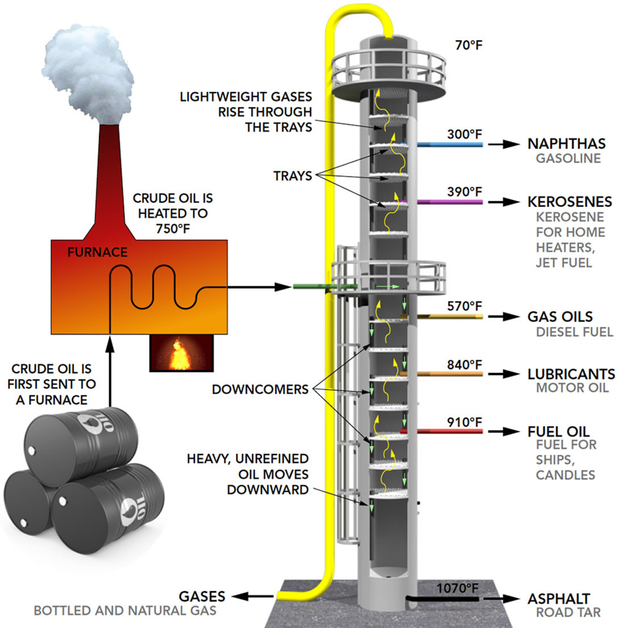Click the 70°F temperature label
[x=468, y=45]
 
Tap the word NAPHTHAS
[x=566, y=144]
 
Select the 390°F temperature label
[x=464, y=192]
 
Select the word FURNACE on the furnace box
[x=98, y=252]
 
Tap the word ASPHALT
[x=559, y=599]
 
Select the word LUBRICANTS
[x=571, y=374]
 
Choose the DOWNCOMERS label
[x=260, y=390]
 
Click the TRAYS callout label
[x=293, y=176]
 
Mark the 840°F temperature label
[x=464, y=365]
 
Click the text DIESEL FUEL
[x=574, y=332]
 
